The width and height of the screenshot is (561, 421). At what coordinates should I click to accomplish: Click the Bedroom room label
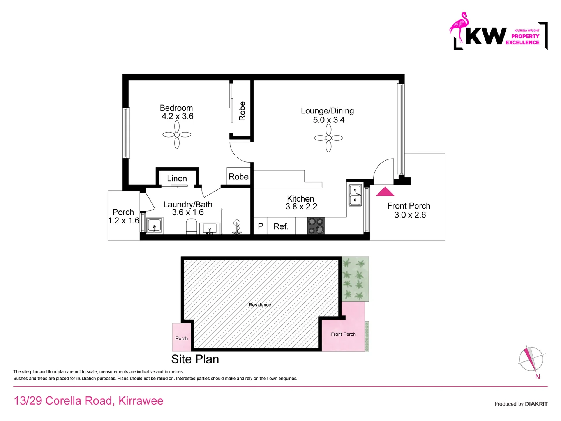(x=176, y=108)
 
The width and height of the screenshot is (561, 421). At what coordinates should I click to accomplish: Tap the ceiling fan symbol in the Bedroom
(x=177, y=134)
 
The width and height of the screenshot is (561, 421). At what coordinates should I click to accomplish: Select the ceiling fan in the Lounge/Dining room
(x=328, y=138)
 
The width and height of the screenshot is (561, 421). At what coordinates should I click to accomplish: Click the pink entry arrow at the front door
(x=385, y=191)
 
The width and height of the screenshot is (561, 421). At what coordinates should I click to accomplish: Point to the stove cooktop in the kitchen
(x=316, y=226)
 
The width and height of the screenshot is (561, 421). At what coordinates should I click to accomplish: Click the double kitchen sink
(x=355, y=195)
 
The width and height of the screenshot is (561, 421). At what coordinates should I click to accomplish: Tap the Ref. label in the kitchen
(x=281, y=226)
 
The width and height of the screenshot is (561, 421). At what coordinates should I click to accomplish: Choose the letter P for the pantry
(x=261, y=226)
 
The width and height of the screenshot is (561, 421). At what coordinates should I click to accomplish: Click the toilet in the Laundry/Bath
(x=191, y=226)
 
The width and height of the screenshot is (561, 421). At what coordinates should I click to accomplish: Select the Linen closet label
(x=177, y=179)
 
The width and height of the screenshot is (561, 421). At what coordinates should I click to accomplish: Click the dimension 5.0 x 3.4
(x=328, y=120)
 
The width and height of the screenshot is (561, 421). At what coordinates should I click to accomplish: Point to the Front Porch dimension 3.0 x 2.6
(x=410, y=215)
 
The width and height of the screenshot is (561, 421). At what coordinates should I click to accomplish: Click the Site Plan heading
(x=195, y=359)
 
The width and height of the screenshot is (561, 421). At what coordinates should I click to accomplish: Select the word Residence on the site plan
(x=260, y=305)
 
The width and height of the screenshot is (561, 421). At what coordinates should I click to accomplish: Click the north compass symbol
(x=531, y=359)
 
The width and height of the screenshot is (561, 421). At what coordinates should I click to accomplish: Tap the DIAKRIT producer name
(x=536, y=404)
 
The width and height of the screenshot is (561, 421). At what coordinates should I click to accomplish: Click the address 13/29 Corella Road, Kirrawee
(x=88, y=401)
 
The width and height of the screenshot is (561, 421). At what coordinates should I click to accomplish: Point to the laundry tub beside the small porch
(x=155, y=226)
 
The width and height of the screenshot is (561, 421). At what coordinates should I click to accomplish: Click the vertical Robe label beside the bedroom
(x=242, y=111)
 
